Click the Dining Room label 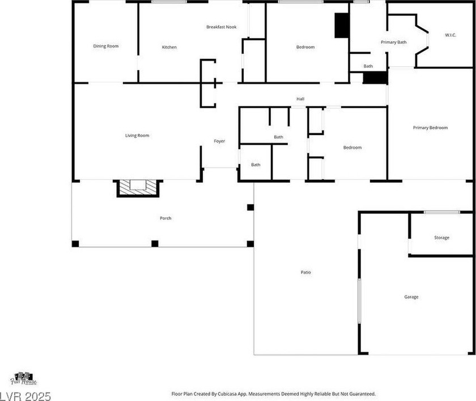pyautogui.click(x=106, y=46)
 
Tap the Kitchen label pyautogui.click(x=169, y=47)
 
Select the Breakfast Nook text pyautogui.click(x=222, y=27)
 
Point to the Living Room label pyautogui.click(x=137, y=136)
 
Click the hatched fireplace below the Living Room pyautogui.click(x=138, y=188)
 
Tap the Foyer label pyautogui.click(x=219, y=141)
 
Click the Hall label pyautogui.click(x=300, y=99)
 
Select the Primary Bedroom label pyautogui.click(x=430, y=128)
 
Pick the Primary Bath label pyautogui.click(x=393, y=42)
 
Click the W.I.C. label pyautogui.click(x=450, y=35)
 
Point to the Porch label pyautogui.click(x=165, y=218)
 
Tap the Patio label pyautogui.click(x=305, y=272)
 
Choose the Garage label pyautogui.click(x=411, y=297)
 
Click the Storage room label pyautogui.click(x=441, y=238)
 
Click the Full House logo pyautogui.click(x=24, y=378)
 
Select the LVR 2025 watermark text pyautogui.click(x=25, y=396)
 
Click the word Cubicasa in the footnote pyautogui.click(x=227, y=394)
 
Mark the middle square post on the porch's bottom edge pyautogui.click(x=155, y=244)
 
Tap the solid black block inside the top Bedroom pyautogui.click(x=342, y=26)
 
